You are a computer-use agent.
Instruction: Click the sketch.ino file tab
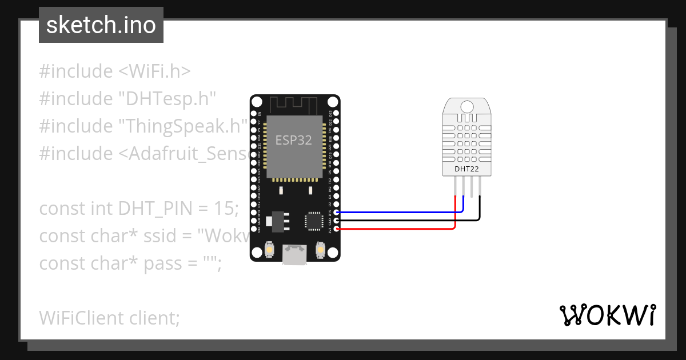[101, 25]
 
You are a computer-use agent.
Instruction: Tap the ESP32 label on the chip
[294, 140]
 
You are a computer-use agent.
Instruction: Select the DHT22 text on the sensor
[466, 169]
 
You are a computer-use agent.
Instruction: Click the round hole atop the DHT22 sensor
[467, 106]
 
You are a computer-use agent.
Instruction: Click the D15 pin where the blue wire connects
[337, 213]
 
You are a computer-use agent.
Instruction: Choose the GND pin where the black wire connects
[337, 221]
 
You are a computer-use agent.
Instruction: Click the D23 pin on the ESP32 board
[337, 114]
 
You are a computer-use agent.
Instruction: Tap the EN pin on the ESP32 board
[254, 114]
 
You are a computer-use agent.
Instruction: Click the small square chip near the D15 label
[314, 221]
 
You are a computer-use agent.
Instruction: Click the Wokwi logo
[607, 315]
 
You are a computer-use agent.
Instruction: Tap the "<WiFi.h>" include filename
[154, 71]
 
